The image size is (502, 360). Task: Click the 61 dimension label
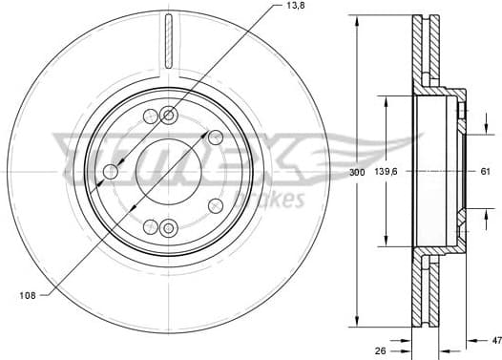[484, 171]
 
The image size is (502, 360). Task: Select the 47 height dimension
[493, 338]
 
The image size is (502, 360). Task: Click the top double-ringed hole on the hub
[169, 116]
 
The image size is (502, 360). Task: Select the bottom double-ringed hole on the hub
[169, 227]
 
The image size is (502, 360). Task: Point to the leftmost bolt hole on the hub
[111, 172]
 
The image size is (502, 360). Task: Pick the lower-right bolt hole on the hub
[214, 203]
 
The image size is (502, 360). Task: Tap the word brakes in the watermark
[275, 200]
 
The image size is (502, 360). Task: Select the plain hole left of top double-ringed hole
[150, 117]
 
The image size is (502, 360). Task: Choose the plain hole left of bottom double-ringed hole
[150, 226]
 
